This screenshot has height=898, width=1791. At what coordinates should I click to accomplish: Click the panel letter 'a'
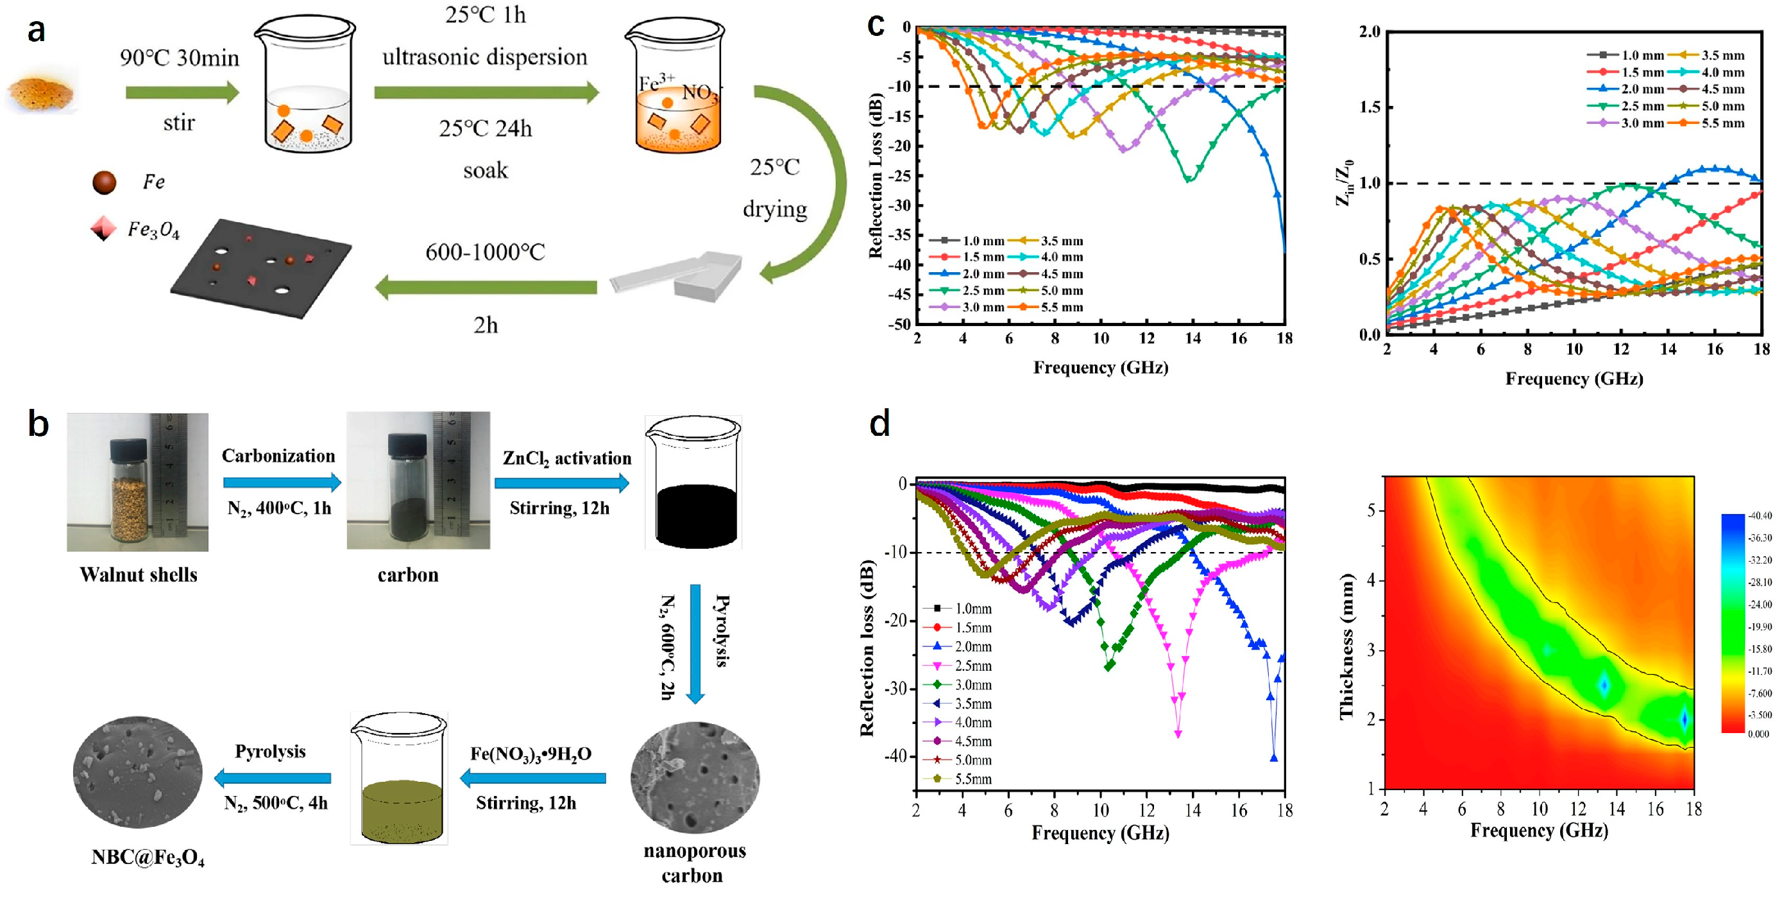click(x=36, y=31)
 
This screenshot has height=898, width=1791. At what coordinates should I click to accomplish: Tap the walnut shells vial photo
click(x=137, y=481)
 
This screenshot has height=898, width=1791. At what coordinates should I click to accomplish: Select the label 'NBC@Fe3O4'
click(x=148, y=857)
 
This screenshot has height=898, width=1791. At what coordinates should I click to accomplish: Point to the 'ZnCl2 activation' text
click(x=566, y=458)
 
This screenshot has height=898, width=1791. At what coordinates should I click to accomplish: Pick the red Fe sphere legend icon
click(x=105, y=182)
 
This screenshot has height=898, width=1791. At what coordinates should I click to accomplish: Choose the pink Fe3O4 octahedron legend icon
click(x=103, y=228)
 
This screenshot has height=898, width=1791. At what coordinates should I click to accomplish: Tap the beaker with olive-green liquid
click(x=400, y=779)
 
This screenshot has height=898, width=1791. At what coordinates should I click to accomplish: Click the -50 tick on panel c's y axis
click(x=901, y=324)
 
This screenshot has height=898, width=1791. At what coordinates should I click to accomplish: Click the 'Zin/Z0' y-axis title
click(x=1344, y=183)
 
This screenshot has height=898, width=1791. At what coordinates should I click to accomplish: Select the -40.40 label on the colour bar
click(x=1760, y=515)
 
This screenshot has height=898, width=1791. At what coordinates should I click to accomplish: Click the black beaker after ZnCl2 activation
click(x=694, y=483)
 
